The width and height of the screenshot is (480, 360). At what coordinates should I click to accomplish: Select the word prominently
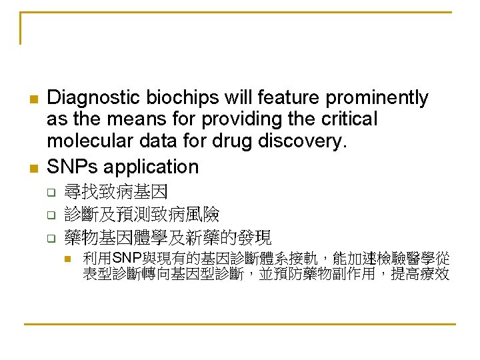(x=377, y=98)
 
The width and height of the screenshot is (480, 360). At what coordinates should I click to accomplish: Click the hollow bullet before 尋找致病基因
(x=49, y=194)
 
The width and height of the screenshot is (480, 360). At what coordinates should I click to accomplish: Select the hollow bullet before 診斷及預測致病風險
(x=49, y=216)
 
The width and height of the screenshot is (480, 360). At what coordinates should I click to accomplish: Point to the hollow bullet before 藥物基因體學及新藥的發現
(x=49, y=238)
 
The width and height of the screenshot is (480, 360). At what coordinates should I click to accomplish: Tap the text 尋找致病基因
(x=115, y=193)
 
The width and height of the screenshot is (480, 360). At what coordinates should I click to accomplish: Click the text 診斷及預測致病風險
(x=141, y=215)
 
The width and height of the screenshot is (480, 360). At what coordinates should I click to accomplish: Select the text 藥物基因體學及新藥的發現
(x=167, y=237)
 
